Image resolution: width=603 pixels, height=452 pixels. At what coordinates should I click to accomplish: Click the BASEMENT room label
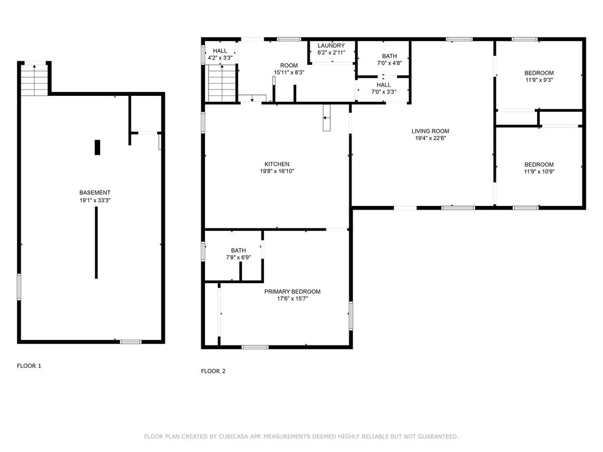(95, 192)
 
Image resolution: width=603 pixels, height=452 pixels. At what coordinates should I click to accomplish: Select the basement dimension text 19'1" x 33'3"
(95, 200)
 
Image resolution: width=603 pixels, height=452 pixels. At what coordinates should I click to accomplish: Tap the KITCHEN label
(277, 164)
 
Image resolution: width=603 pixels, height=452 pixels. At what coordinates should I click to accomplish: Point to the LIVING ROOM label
(430, 131)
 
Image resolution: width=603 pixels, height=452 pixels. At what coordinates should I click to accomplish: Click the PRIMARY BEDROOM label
(292, 292)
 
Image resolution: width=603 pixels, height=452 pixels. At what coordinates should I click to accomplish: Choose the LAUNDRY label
(331, 45)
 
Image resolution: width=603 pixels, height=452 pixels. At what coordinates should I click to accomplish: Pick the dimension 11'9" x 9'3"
(539, 80)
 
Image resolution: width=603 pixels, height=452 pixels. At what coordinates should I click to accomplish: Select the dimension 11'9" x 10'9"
(539, 172)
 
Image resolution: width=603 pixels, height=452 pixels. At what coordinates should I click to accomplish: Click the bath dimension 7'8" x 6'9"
(238, 258)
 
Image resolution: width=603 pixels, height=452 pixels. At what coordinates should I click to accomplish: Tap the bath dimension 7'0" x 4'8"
(390, 63)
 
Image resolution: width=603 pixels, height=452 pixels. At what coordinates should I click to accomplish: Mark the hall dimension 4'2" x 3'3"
(220, 58)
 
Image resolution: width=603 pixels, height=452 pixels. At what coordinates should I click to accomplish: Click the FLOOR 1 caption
(29, 366)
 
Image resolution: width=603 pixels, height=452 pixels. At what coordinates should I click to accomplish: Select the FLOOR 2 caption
(213, 371)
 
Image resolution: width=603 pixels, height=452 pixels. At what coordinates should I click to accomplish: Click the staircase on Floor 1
(35, 80)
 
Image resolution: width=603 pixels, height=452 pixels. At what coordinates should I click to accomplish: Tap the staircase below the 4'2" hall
(222, 83)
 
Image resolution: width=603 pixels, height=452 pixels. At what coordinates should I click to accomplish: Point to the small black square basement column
(97, 148)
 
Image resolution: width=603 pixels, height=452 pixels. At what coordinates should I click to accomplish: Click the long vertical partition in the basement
(96, 242)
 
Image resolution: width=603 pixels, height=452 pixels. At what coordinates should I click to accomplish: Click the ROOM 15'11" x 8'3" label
(289, 69)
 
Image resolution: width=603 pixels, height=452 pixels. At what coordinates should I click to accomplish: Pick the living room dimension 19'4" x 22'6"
(430, 138)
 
